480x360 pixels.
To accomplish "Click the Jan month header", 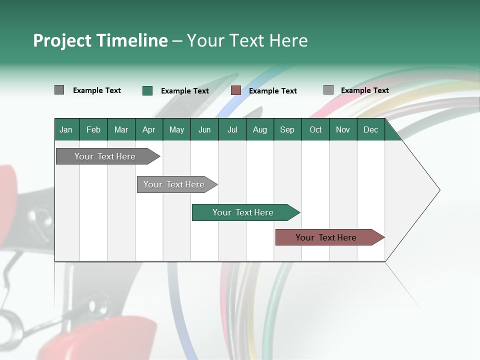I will [66, 130].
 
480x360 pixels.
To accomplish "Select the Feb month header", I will [93, 130].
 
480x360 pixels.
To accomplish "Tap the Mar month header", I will [121, 130].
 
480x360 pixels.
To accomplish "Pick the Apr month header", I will [149, 130].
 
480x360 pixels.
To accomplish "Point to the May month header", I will [176, 130].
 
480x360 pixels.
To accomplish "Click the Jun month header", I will [204, 130].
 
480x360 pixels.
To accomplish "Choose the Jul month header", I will [232, 130].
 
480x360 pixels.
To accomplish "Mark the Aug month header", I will [260, 130].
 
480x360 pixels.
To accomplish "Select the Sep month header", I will [287, 130].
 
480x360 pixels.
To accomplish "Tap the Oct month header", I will [315, 130].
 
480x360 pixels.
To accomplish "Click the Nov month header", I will [343, 130].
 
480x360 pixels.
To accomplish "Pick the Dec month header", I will [371, 130].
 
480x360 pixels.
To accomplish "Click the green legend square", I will [147, 90].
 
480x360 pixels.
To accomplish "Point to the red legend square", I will [236, 90].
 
